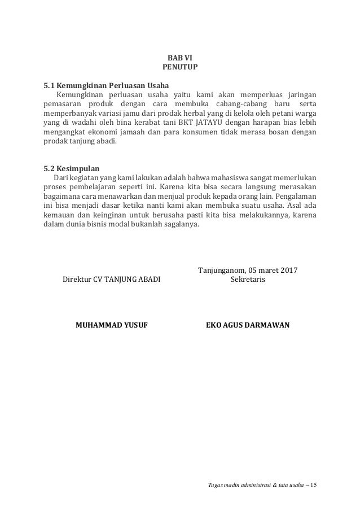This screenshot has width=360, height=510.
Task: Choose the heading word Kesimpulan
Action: tap(78, 168)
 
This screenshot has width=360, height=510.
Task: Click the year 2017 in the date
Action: tap(288, 269)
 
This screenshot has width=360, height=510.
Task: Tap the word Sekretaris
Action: tap(248, 279)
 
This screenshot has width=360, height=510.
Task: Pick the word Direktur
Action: tap(77, 279)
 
